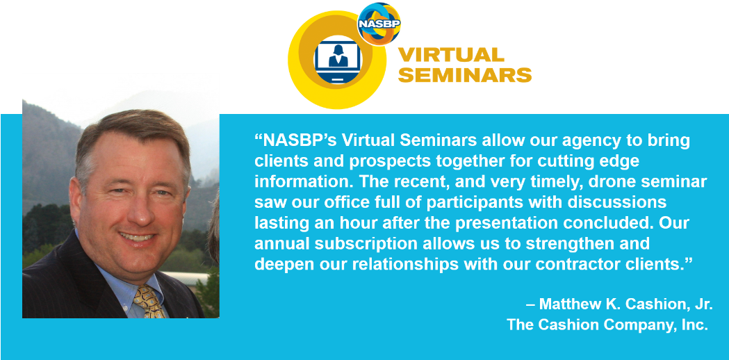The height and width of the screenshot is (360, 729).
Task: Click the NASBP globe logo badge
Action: pyautogui.click(x=379, y=24)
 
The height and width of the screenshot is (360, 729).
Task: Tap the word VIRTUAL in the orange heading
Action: pyautogui.click(x=450, y=56)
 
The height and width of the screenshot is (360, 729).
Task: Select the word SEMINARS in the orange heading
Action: pyautogui.click(x=464, y=75)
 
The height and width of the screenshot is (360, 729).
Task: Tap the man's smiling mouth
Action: pyautogui.click(x=136, y=236)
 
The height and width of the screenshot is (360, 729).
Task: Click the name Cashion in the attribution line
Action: pyautogui.click(x=650, y=304)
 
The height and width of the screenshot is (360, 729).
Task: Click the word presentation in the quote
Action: pyautogui.click(x=534, y=223)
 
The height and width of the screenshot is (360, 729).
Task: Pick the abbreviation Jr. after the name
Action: pyautogui.click(x=702, y=304)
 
